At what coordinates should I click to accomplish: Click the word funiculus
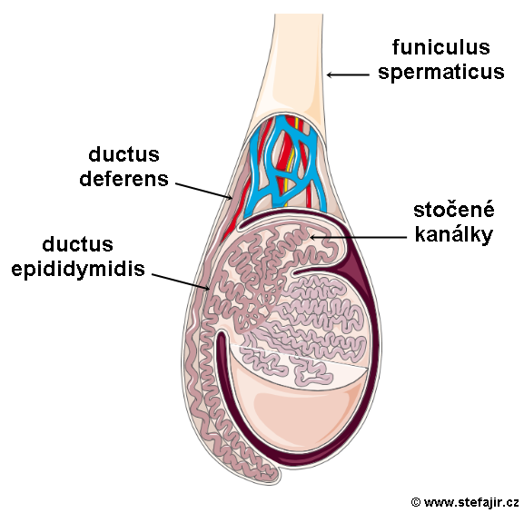441,47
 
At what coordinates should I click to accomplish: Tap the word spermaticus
441,73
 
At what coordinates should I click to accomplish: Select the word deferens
124,179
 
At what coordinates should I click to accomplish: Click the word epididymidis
78,270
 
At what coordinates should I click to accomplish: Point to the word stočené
454,210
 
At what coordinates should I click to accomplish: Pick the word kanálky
454,235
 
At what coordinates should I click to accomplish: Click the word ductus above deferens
124,154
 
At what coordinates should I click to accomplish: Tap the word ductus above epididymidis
77,244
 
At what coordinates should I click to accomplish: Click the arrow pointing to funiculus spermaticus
348,74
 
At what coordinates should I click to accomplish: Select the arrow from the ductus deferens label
203,191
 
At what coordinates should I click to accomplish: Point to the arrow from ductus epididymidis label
181,281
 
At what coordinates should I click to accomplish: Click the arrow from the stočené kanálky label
358,237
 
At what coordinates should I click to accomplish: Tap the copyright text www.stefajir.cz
471,502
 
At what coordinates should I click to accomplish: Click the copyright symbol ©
415,502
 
